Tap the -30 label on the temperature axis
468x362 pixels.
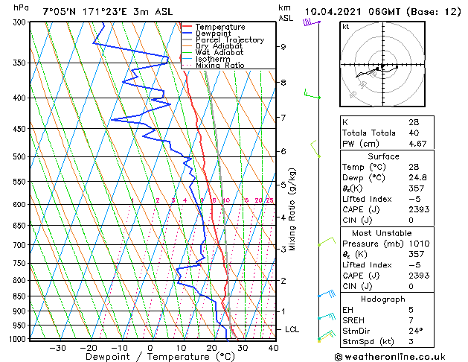pos(57,347)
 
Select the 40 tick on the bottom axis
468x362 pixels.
pos(273,347)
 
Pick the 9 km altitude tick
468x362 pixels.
pos(283,47)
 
